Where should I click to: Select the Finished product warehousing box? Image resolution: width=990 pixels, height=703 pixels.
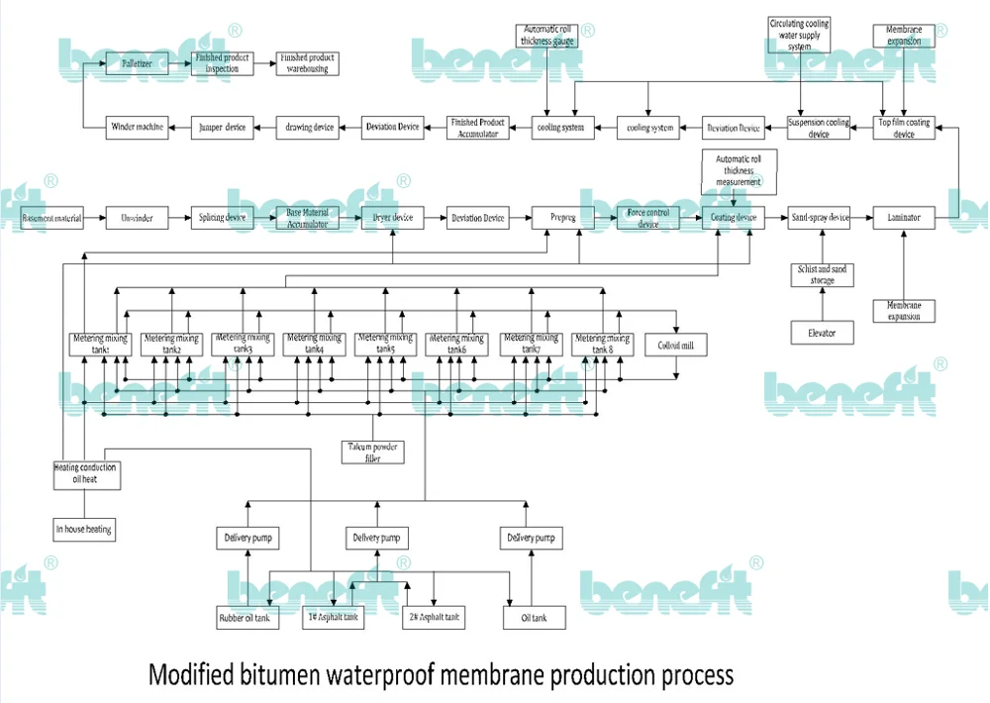coord(306,62)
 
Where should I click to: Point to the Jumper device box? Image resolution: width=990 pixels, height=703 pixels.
coord(222,126)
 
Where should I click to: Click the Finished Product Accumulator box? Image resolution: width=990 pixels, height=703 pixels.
coord(478,127)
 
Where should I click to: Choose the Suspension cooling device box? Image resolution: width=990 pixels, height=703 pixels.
coord(819,128)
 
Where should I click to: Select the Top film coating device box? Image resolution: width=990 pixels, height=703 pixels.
coord(904,128)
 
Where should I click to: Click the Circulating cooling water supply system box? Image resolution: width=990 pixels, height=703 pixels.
coord(799,35)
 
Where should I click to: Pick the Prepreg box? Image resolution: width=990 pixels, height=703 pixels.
coord(562,218)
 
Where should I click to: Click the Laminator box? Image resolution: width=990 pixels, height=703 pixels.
coord(904,218)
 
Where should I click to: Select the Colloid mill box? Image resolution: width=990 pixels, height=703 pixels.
coord(676,345)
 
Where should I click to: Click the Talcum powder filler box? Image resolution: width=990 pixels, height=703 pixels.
coord(371,452)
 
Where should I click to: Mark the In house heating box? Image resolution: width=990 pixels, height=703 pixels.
coord(84,530)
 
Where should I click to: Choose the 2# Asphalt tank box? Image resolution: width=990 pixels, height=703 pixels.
coord(434,617)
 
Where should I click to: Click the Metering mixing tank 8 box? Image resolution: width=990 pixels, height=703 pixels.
coord(603,345)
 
